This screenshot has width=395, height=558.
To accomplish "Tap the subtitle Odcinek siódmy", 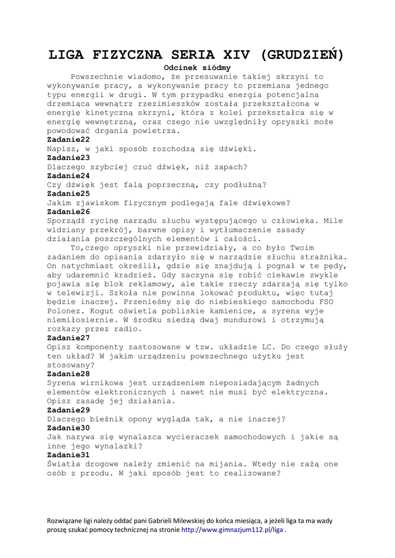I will click(197, 68).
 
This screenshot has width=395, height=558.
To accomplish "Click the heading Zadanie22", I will click(68, 139).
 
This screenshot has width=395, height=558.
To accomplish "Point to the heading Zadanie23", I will click(68, 157).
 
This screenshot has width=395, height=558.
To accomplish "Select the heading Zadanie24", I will click(68, 175).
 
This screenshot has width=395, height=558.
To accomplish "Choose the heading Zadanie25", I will click(68, 193).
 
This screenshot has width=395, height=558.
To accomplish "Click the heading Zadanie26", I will click(68, 211).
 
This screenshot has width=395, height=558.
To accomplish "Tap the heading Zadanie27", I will click(68, 338).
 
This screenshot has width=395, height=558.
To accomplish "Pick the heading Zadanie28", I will click(68, 374).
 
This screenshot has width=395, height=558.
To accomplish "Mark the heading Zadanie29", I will click(68, 410).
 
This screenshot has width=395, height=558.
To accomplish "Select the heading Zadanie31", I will click(68, 454).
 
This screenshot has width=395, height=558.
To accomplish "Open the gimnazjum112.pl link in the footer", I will click(232, 529).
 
